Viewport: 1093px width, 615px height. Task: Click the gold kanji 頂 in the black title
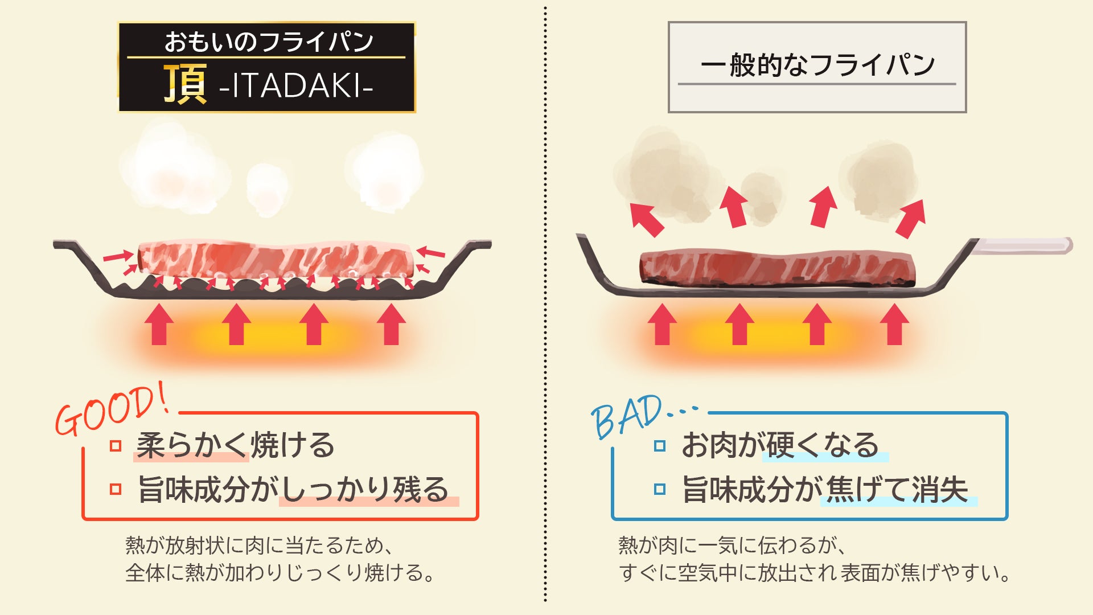point(184,84)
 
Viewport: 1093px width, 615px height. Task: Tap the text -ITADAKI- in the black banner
point(295,86)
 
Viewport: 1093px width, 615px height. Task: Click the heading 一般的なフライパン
point(817,65)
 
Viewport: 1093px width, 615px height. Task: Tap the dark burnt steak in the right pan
point(777,267)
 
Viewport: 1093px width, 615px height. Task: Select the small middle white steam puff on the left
point(265,188)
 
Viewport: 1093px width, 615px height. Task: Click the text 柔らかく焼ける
point(236,445)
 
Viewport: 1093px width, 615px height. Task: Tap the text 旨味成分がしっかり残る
point(294,489)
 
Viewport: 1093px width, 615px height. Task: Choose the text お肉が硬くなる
point(780,445)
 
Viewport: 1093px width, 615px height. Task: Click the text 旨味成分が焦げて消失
point(825,489)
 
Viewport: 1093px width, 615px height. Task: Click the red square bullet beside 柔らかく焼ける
point(116,446)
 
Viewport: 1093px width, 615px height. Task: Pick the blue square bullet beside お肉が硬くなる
point(660,446)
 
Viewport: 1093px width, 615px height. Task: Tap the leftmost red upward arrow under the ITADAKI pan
point(159,324)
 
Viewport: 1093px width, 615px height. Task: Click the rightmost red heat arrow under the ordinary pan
point(894,324)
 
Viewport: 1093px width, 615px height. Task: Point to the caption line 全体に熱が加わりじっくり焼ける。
point(280,572)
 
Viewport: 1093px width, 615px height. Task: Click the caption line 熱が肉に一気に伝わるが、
point(732,546)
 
